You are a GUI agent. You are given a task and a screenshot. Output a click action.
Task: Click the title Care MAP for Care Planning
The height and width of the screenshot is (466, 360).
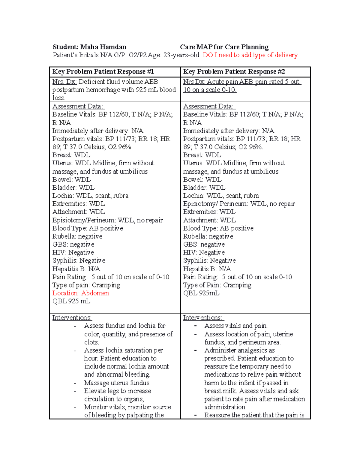pyautogui.click(x=224, y=47)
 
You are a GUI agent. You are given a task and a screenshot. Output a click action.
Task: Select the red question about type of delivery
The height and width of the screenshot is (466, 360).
pyautogui.click(x=250, y=55)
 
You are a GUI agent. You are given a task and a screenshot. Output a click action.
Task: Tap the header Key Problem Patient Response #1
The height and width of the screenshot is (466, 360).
pyautogui.click(x=103, y=71)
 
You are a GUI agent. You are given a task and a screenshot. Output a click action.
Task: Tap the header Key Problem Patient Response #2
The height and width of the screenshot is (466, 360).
pyautogui.click(x=234, y=71)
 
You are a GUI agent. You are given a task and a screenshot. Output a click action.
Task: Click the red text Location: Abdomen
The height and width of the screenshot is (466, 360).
pyautogui.click(x=80, y=293)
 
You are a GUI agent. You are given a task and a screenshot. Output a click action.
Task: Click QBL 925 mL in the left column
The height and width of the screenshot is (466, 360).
pyautogui.click(x=71, y=301)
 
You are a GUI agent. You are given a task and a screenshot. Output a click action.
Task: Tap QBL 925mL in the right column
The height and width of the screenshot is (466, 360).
pyautogui.click(x=201, y=293)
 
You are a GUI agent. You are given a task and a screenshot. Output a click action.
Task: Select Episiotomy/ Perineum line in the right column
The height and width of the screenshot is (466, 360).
pyautogui.click(x=239, y=204)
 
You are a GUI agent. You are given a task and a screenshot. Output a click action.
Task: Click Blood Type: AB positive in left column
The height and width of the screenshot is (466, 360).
pyautogui.click(x=88, y=228)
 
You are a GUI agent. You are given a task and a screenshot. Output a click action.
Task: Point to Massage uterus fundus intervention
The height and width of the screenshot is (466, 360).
pyautogui.click(x=117, y=383)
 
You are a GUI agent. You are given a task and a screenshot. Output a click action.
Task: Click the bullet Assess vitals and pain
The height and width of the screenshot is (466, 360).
pyautogui.click(x=236, y=326)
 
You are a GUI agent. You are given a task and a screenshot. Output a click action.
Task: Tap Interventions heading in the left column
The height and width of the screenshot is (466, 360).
pyautogui.click(x=72, y=318)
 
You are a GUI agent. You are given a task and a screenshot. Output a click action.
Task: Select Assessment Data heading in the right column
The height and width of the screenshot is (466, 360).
pyautogui.click(x=209, y=106)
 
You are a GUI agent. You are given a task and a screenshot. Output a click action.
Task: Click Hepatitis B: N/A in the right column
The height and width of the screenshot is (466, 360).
pyautogui.click(x=207, y=269)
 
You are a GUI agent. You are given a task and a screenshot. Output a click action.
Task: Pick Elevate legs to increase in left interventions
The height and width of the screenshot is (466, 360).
pyautogui.click(x=117, y=391)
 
